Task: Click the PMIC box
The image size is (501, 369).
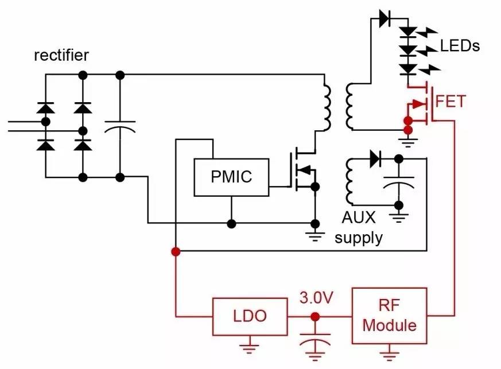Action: coord(231,177)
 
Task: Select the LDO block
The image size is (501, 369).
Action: coord(250,316)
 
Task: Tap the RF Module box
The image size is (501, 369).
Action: coord(390,316)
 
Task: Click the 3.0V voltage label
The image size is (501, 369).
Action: coord(316,298)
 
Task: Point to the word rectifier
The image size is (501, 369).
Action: coord(61,55)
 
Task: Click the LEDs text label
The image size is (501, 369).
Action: coord(460,45)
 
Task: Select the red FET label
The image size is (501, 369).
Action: coord(450,102)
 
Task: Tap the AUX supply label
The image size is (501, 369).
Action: coord(359,227)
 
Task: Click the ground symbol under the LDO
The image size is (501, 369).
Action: coord(250,346)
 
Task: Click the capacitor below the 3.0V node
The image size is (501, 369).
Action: coord(315,339)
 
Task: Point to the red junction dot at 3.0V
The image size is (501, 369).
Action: coord(315,316)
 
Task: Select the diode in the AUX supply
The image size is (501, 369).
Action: coord(376,158)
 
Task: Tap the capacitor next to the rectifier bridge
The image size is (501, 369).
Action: coord(120,126)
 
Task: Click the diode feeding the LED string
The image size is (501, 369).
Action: coord(385,18)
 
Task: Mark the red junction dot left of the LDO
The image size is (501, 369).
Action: coord(176,251)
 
